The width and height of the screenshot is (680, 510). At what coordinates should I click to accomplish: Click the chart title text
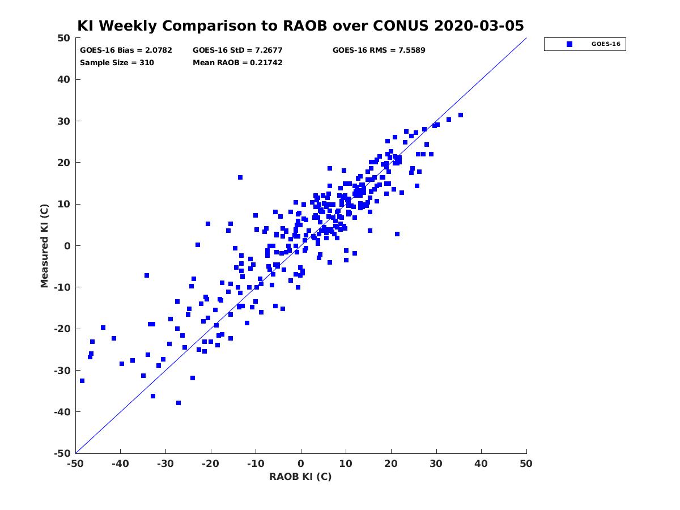[x=300, y=25]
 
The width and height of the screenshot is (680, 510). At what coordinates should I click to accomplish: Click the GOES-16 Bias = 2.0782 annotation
[x=126, y=50]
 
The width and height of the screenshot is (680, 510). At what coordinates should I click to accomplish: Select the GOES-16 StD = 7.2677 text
[x=237, y=50]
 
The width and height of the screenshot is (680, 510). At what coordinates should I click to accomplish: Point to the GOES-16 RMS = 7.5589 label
[x=379, y=50]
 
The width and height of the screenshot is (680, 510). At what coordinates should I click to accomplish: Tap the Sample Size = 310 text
[x=117, y=63]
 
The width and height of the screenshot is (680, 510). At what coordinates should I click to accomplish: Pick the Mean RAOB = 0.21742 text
[x=237, y=63]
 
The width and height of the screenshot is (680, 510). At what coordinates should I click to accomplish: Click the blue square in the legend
[x=569, y=44]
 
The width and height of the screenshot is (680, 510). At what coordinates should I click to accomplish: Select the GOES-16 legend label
[x=606, y=44]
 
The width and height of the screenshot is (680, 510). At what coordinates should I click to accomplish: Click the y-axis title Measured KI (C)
[x=44, y=246]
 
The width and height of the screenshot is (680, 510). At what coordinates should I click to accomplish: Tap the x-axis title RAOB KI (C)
[x=300, y=477]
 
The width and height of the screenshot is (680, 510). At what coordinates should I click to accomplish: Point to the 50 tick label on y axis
[x=64, y=38]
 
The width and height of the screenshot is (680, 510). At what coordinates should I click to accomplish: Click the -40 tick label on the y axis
[x=62, y=412]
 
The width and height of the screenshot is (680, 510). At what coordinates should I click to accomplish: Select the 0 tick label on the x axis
[x=301, y=464]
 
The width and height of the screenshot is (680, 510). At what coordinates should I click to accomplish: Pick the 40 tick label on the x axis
[x=481, y=464]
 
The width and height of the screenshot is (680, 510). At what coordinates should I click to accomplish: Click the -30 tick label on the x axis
[x=165, y=464]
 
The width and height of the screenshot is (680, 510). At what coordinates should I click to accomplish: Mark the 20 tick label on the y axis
[x=64, y=163]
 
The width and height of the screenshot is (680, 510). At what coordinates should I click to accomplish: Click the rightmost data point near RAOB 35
[x=461, y=115]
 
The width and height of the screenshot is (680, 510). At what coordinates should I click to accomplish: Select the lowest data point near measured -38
[x=178, y=403]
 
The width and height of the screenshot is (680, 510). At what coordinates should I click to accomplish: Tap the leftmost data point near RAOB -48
[x=82, y=381]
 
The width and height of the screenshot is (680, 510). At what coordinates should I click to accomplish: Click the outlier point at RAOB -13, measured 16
[x=240, y=177]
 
